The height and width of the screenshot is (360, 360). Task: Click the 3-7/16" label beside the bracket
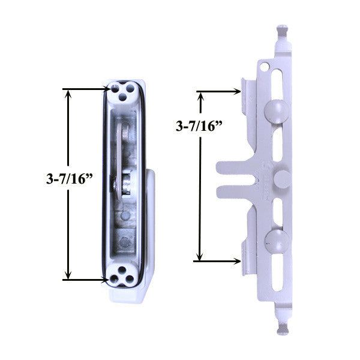pyautogui.click(x=198, y=127)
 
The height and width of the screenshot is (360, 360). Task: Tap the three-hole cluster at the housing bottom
pyautogui.click(x=122, y=277)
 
